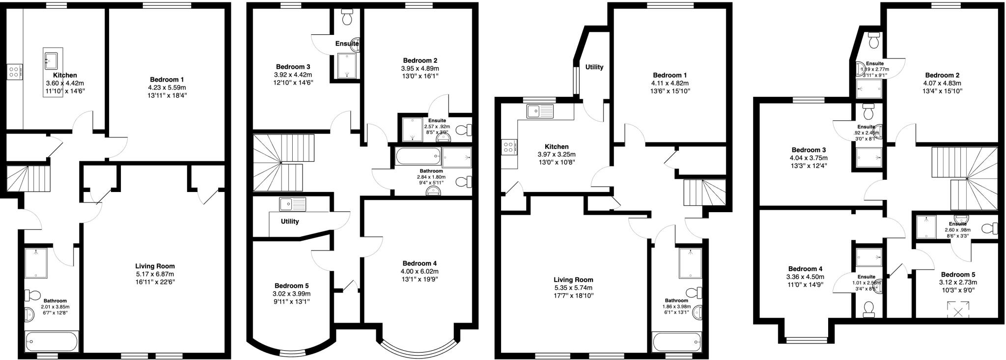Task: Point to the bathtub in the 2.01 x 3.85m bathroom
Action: tap(51, 340)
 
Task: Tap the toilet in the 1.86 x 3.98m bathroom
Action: tap(694, 293)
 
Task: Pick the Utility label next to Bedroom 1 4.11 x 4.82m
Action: tap(594, 67)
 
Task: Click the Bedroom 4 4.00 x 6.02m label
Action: tap(419, 271)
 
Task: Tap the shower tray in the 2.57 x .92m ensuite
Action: tap(412, 129)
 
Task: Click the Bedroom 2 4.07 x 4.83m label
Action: tap(942, 83)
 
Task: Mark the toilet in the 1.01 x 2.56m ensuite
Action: tap(869, 308)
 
